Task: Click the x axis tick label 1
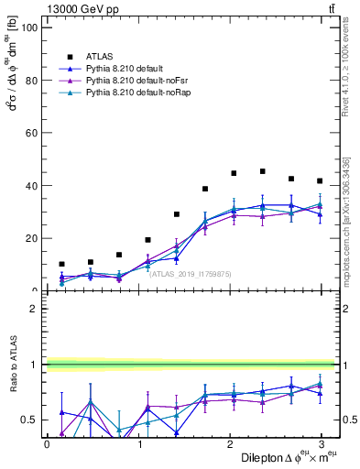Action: pyautogui.click(x=140, y=443)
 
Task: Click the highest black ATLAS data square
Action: pyautogui.click(x=262, y=171)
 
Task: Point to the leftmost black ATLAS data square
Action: pyautogui.click(x=61, y=264)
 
